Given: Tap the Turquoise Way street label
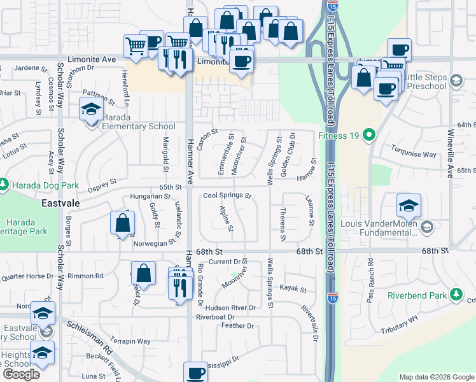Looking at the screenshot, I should [x=414, y=155].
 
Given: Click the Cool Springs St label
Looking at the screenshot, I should [x=227, y=195].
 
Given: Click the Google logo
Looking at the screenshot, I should [x=21, y=374].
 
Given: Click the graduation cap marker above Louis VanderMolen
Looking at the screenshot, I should [x=409, y=205].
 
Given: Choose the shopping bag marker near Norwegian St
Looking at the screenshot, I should [x=122, y=223].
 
